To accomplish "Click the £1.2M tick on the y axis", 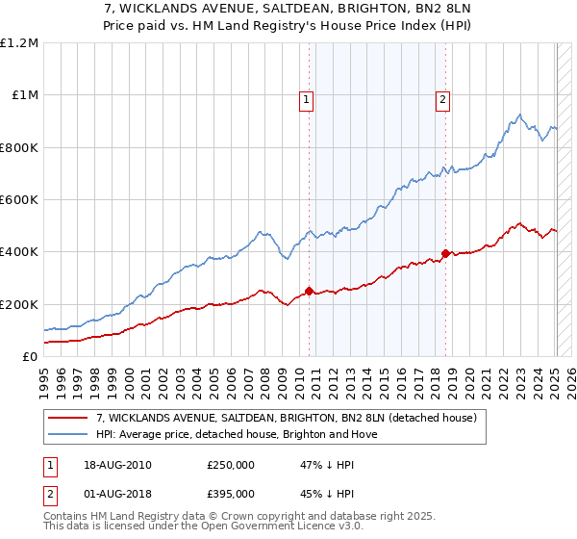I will click(19, 43).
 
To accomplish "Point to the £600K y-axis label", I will click(19, 200).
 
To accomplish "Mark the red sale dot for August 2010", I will click(309, 291).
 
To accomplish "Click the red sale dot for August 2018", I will click(445, 253).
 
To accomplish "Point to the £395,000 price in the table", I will click(231, 494).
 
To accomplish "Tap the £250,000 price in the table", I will click(231, 465).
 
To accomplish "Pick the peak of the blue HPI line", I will click(518, 115).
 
